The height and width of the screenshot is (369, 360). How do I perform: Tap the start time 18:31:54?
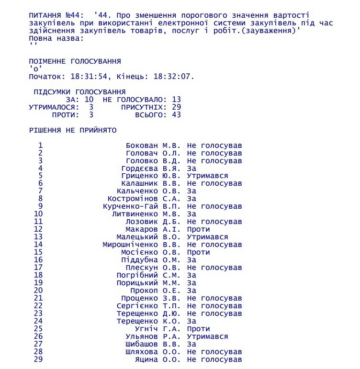tap(86, 76)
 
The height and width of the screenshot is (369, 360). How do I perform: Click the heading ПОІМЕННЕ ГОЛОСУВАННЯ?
tap(75, 62)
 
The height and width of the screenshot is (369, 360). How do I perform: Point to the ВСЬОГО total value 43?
tap(176, 115)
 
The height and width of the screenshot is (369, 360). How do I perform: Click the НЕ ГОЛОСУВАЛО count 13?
tap(176, 99)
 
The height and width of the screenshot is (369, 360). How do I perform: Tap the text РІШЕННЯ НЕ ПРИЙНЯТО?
tap(72, 130)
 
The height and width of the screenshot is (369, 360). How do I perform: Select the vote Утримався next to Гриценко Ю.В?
tap(207, 176)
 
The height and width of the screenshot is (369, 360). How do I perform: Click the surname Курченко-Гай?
tap(130, 206)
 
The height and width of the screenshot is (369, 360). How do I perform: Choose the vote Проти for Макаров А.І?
tap(198, 229)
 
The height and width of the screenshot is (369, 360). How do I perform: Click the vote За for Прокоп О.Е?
tap(191, 291)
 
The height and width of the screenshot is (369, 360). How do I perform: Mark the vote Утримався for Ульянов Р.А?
tap(207, 336)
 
